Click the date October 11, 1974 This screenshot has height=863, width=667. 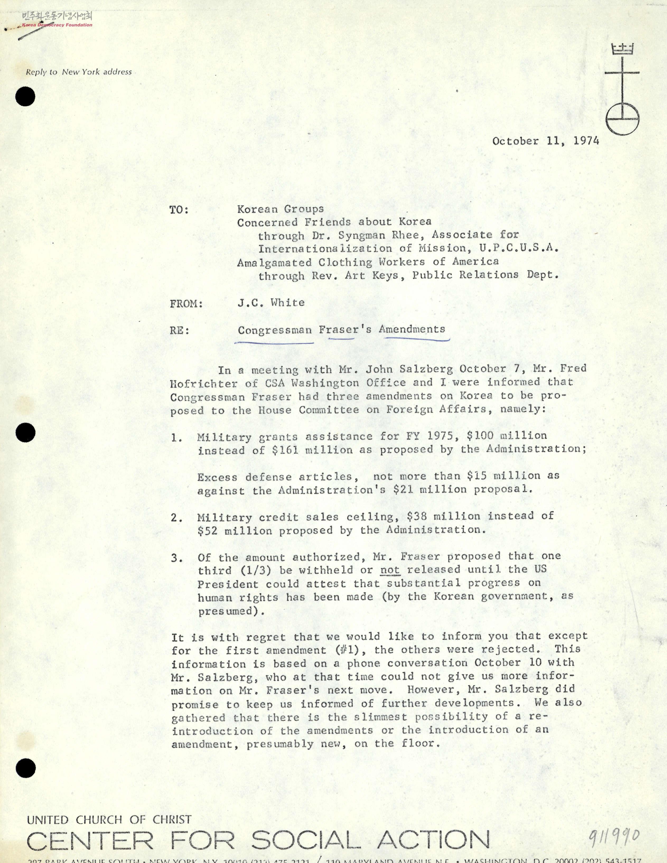545,141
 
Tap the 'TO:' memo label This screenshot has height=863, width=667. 179,210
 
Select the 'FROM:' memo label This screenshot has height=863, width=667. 186,304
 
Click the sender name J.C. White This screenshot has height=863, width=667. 271,303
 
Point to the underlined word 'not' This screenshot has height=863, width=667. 390,570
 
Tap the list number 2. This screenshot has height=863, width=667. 176,518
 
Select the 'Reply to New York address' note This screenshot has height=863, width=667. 79,72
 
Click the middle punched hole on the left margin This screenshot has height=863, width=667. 26,433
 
